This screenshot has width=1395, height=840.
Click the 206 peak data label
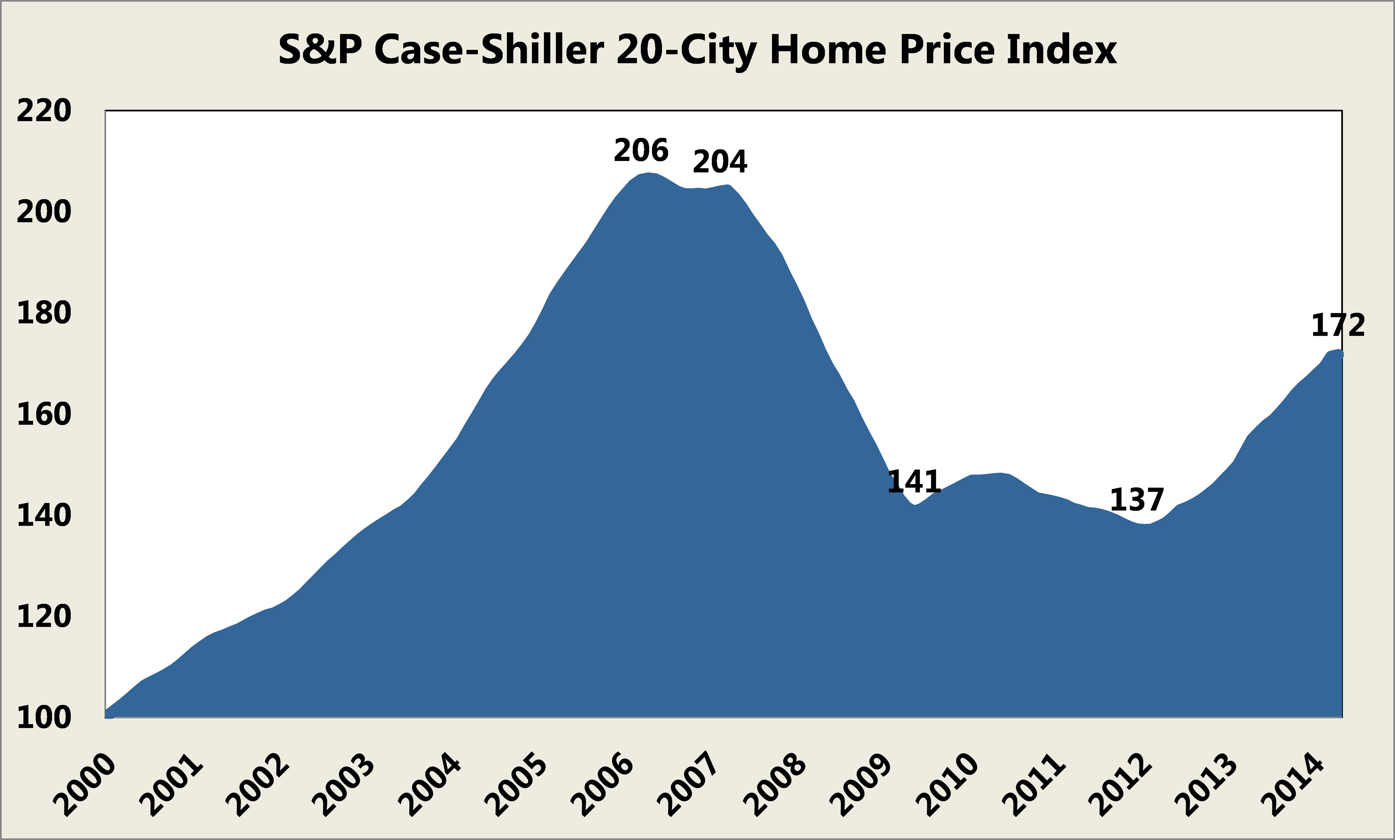coord(641,150)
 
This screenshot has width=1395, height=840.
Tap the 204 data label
coord(720,162)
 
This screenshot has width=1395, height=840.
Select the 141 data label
coord(914,482)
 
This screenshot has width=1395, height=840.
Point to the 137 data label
coord(1136,500)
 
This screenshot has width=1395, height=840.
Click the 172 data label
coord(1338,326)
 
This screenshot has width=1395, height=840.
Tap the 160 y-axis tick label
coord(44,415)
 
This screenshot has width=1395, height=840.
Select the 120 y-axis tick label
coord(44,617)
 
